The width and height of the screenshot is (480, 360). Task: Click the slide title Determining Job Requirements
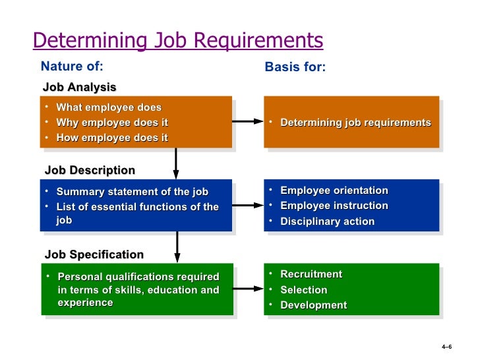pyautogui.click(x=178, y=40)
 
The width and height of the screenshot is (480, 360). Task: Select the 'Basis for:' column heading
pyautogui.click(x=295, y=67)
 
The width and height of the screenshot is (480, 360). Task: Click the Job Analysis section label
pyautogui.click(x=79, y=87)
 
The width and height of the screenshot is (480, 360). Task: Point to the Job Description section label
pyautogui.click(x=90, y=170)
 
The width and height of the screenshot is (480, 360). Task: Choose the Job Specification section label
pyautogui.click(x=94, y=255)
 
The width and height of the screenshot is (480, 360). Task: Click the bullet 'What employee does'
pyautogui.click(x=109, y=107)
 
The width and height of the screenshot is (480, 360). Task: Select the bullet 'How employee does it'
pyautogui.click(x=112, y=138)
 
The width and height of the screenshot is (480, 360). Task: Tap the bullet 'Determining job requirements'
pyautogui.click(x=355, y=123)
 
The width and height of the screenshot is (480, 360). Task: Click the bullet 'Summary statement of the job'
pyautogui.click(x=132, y=192)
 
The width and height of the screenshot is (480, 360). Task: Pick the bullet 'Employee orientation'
pyautogui.click(x=334, y=191)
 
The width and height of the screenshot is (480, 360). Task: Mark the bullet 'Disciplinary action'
pyautogui.click(x=327, y=222)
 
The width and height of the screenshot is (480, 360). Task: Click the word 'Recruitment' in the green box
pyautogui.click(x=311, y=274)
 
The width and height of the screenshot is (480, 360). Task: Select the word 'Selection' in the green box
pyautogui.click(x=303, y=289)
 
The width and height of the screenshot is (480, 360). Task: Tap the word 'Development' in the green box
pyautogui.click(x=313, y=305)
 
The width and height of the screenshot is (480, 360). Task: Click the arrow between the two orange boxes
pyautogui.click(x=248, y=121)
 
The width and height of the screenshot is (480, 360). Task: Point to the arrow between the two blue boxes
pyautogui.click(x=248, y=205)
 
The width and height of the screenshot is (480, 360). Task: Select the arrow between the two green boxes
pyautogui.click(x=248, y=288)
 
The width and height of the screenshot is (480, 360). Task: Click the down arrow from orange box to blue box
pyautogui.click(x=176, y=163)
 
